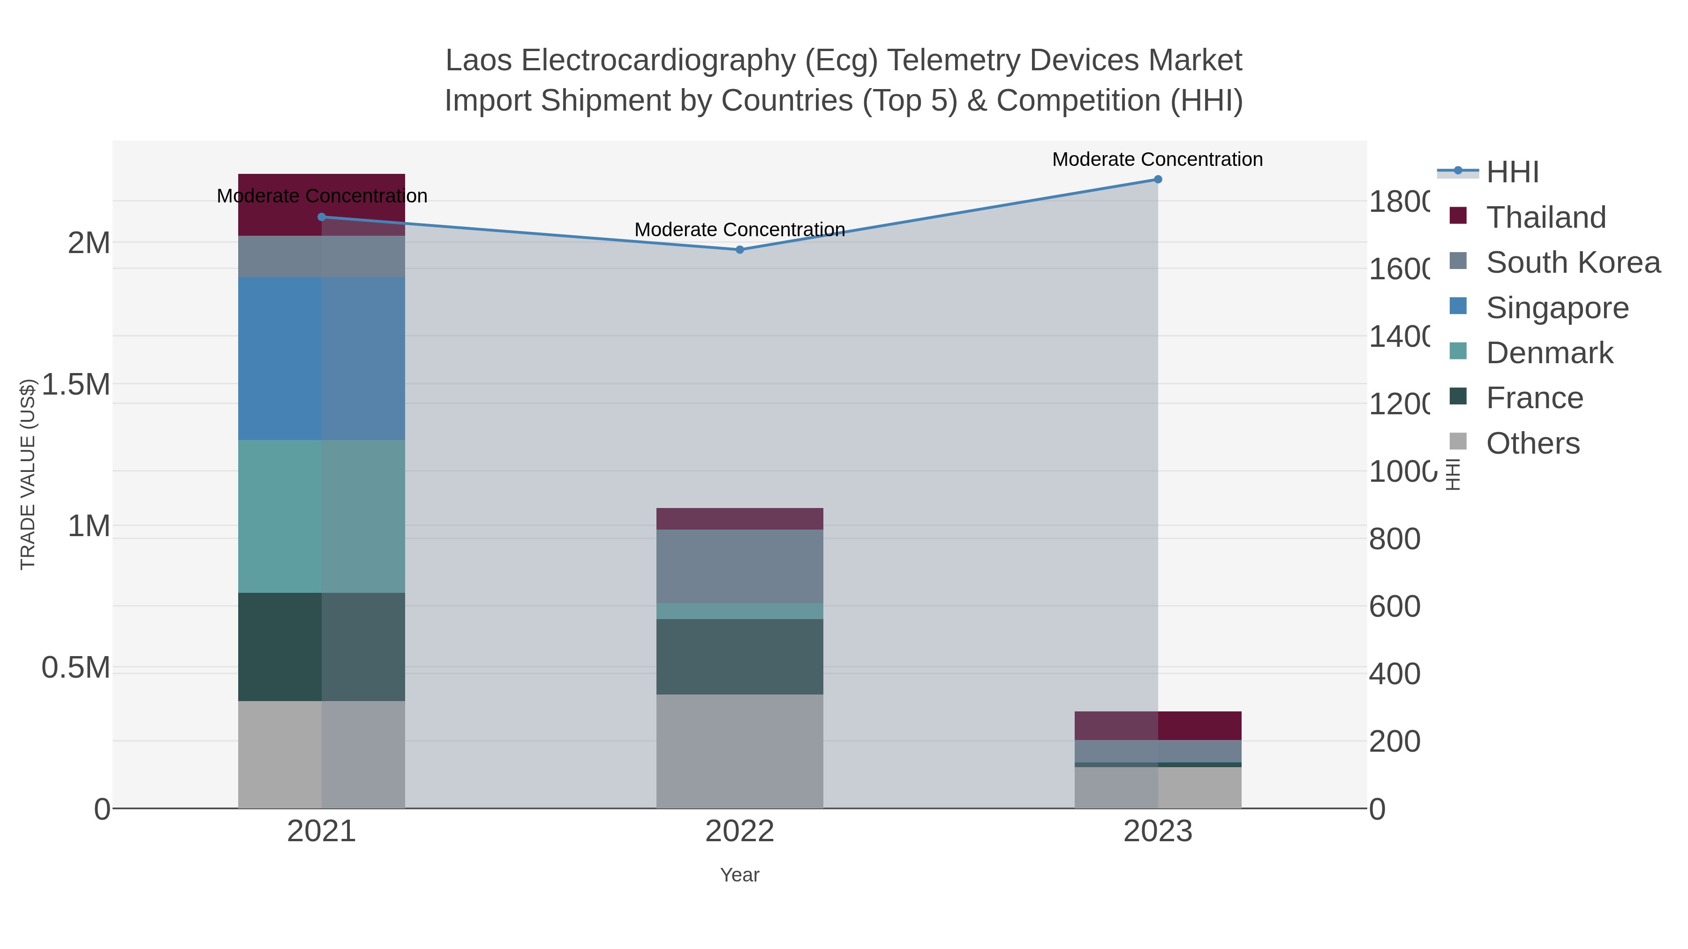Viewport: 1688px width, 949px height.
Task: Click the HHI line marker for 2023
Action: click(x=1157, y=179)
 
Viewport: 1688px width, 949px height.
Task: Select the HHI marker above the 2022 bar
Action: click(x=739, y=249)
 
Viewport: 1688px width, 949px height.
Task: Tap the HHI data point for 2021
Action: click(x=321, y=217)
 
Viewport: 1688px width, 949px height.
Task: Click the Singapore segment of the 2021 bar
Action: click(x=321, y=358)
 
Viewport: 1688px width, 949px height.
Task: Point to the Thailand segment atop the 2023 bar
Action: click(x=1157, y=725)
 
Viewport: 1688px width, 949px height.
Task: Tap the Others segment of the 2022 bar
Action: click(x=739, y=751)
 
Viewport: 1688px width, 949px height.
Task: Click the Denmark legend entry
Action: click(x=1549, y=353)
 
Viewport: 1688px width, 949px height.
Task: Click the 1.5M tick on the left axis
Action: click(x=75, y=384)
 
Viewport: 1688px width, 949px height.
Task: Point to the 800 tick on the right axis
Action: click(x=1394, y=539)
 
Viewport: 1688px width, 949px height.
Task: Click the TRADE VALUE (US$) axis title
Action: click(x=28, y=474)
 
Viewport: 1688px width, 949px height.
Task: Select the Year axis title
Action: click(x=739, y=875)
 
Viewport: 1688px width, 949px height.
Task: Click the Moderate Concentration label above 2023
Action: click(x=1157, y=159)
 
